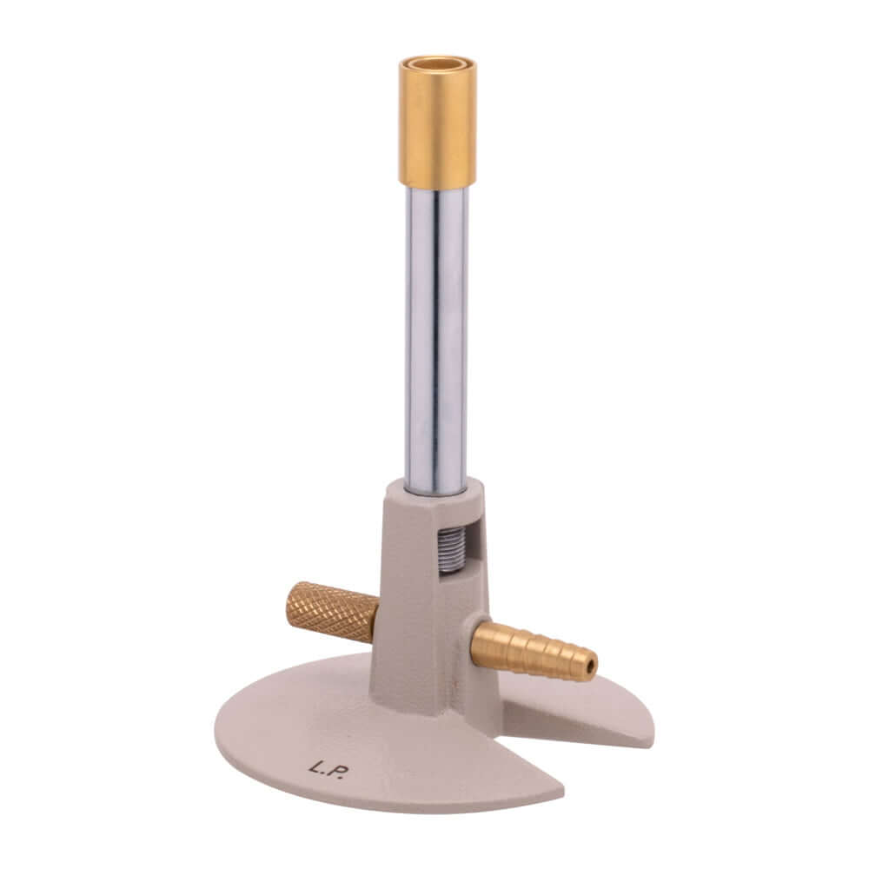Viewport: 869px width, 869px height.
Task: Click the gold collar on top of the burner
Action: (437, 126)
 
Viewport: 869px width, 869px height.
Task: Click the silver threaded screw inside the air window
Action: (451, 548)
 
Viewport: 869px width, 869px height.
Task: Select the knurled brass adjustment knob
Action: (330, 612)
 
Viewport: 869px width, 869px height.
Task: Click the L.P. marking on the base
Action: (327, 769)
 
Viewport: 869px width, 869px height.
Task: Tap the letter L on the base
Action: (315, 767)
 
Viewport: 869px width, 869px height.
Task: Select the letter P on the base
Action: (337, 772)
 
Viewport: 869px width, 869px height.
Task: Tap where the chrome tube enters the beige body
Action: (435, 488)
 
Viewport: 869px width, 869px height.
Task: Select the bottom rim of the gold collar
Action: (437, 184)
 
